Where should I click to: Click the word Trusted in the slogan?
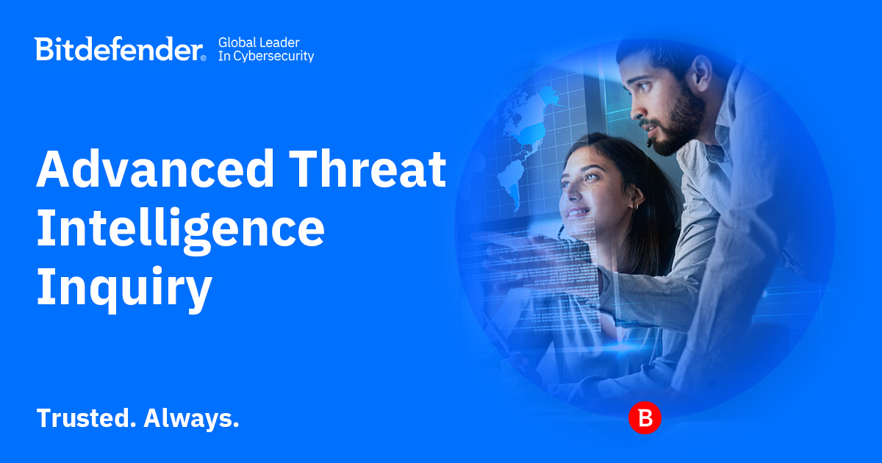tap(85, 418)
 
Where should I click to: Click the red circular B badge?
tap(645, 418)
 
